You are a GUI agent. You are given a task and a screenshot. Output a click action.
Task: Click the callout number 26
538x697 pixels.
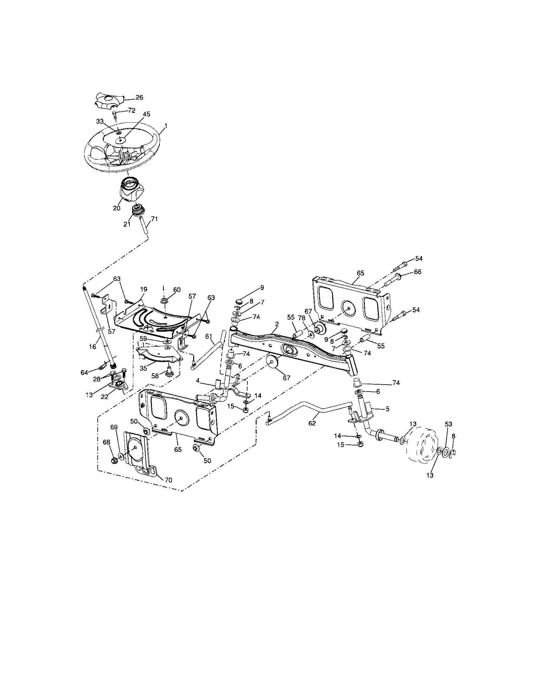pyautogui.click(x=139, y=97)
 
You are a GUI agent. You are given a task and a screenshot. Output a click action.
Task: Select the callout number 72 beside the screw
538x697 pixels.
pyautogui.click(x=132, y=111)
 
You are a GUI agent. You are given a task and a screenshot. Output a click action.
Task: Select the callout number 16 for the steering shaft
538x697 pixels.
pyautogui.click(x=93, y=346)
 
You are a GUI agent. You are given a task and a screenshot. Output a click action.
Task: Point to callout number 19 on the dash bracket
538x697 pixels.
pyautogui.click(x=143, y=289)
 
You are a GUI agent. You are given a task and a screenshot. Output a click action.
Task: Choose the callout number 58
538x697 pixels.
pyautogui.click(x=154, y=376)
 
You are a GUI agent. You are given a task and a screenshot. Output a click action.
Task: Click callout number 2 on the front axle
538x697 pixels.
pyautogui.click(x=277, y=324)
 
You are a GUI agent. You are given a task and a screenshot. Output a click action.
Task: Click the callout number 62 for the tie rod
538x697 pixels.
pyautogui.click(x=312, y=423)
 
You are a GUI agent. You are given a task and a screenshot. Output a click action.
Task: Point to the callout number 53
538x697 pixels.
pyautogui.click(x=449, y=424)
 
